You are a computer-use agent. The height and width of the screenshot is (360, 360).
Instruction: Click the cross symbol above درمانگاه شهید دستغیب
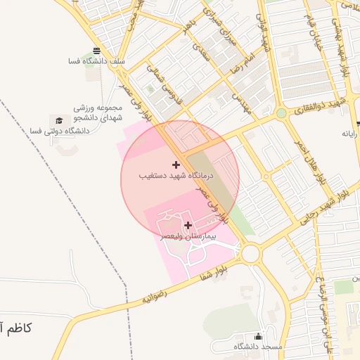tap(176, 164)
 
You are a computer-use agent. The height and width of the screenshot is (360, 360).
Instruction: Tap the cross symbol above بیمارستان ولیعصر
tap(188, 225)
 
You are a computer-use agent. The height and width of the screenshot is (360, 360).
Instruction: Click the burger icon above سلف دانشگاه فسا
tap(96, 51)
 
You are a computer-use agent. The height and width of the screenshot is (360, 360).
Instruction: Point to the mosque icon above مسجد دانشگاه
tap(258, 336)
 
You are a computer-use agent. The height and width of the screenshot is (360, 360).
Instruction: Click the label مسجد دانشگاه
tap(257, 347)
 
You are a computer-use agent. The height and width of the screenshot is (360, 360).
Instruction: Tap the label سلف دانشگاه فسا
tap(96, 62)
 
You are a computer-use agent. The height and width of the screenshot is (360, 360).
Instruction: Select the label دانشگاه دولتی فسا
tap(60, 131)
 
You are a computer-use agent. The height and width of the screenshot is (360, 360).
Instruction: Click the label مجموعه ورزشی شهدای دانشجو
tap(98, 114)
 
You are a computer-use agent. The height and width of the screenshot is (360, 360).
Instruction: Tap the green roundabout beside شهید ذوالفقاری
tap(281, 112)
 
